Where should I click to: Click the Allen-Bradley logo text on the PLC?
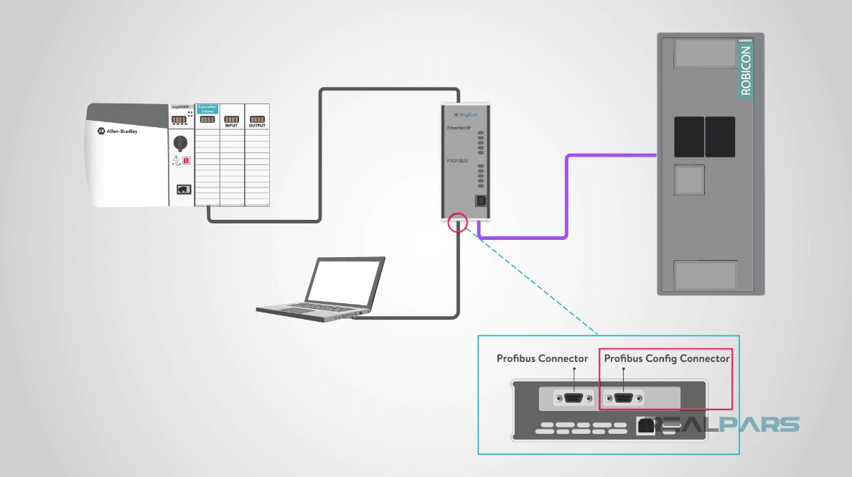(121, 132)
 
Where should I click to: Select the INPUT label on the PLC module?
(231, 125)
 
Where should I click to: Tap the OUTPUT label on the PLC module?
(257, 125)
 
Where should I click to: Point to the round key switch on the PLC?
(182, 142)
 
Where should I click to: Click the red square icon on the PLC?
(187, 161)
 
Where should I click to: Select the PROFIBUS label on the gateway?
(457, 161)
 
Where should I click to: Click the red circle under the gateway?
(457, 222)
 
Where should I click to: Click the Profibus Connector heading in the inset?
(542, 358)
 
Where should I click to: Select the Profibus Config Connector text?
(667, 358)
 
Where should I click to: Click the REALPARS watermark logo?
(725, 425)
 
